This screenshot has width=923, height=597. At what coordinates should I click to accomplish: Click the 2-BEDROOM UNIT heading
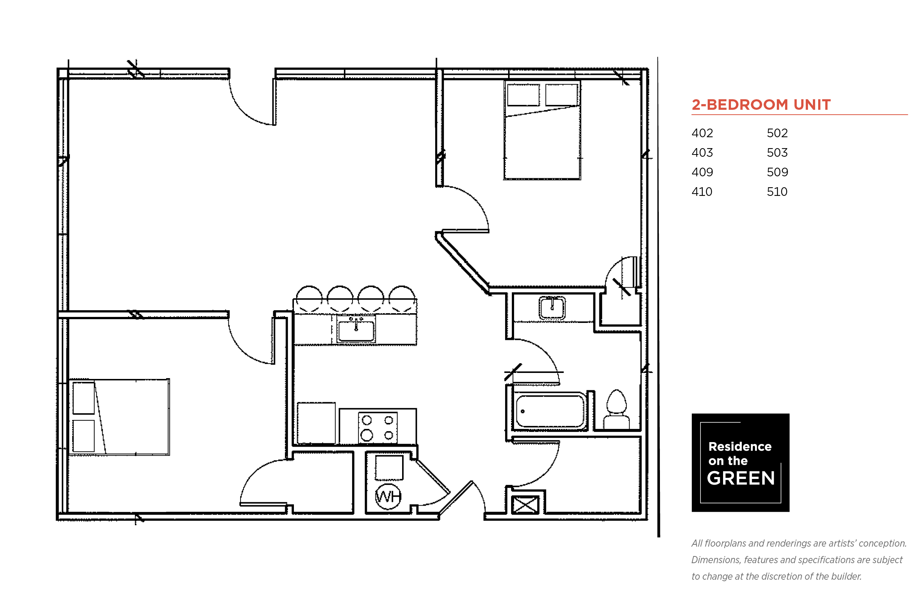[x=761, y=105]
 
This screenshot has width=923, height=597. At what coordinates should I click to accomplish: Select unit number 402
[x=702, y=133]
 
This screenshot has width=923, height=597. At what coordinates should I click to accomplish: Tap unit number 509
[x=777, y=172]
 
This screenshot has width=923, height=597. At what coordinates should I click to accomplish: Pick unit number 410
[x=702, y=191]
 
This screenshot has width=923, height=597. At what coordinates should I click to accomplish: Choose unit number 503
[x=777, y=152]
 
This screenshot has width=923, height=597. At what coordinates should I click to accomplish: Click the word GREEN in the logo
[x=740, y=478]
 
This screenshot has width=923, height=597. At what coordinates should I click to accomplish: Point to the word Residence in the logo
[x=740, y=447]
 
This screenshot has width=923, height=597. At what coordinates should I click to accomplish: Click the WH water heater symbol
[x=388, y=496]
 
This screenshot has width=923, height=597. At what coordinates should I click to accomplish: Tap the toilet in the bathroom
[x=616, y=409]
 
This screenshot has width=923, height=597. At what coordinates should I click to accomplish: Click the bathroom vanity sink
[x=552, y=308]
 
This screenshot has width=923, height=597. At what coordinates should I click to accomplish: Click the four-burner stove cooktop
[x=377, y=427]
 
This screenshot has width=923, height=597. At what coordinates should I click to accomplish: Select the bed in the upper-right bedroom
[x=542, y=130]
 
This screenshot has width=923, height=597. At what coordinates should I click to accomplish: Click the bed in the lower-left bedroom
[x=120, y=417]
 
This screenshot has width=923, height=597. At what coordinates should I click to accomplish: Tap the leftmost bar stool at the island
[x=309, y=299]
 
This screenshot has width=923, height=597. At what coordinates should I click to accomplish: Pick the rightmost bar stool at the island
[x=402, y=299]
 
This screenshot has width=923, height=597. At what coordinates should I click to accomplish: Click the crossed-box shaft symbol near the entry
[x=525, y=505]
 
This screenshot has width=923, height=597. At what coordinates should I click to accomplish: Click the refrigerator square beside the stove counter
[x=316, y=423]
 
